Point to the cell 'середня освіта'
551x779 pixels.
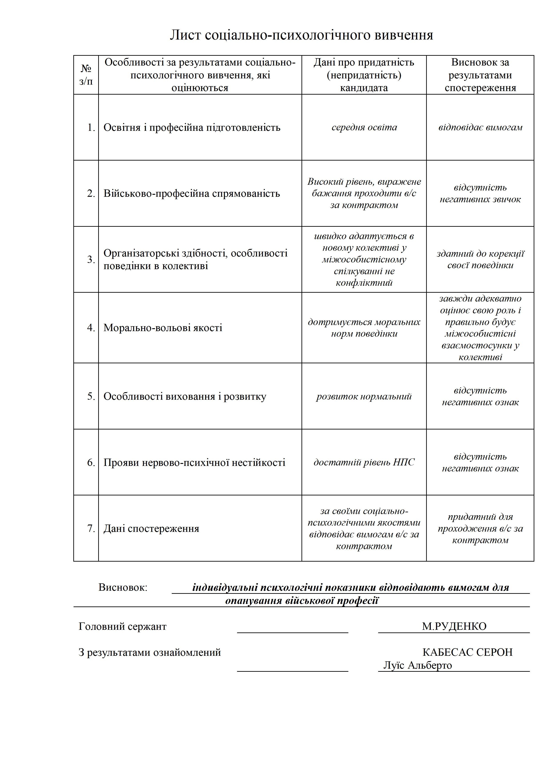click(364, 127)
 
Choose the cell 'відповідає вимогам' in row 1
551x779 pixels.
click(480, 127)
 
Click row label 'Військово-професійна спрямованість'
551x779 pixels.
click(192, 193)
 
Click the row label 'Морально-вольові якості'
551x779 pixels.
click(163, 328)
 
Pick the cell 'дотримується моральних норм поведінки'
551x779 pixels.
click(364, 328)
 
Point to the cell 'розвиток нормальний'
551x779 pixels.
click(364, 396)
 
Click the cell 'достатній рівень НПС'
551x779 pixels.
click(364, 462)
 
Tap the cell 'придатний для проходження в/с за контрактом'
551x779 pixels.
click(480, 528)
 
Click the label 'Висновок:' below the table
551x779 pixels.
click(123, 587)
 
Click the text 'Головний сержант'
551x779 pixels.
click(123, 626)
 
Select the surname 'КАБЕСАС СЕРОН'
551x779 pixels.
click(467, 652)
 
